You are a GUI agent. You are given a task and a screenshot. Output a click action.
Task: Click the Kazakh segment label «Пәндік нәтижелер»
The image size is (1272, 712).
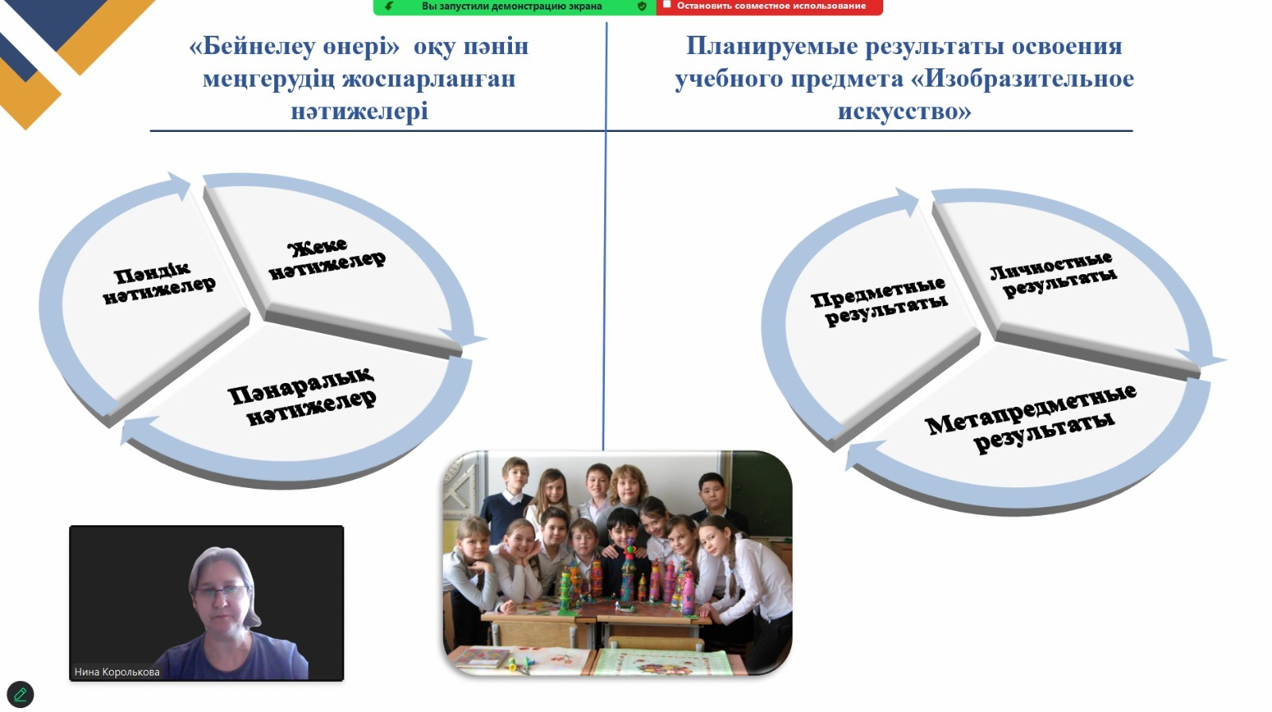click(x=159, y=283)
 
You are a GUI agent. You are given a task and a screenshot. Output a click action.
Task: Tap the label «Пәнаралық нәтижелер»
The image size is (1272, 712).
click(x=302, y=397)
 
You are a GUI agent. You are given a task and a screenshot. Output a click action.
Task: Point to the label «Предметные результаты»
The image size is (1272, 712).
click(x=879, y=301)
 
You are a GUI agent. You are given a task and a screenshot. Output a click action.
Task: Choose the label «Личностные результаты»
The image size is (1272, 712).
click(x=1053, y=275)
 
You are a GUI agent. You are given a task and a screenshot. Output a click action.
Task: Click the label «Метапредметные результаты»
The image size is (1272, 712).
click(x=1031, y=418)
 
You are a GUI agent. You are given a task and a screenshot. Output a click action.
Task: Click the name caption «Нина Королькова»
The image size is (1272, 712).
click(x=117, y=671)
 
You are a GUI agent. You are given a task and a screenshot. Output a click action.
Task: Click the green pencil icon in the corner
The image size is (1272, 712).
click(x=21, y=694)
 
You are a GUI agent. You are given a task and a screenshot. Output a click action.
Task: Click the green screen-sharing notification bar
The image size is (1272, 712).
click(x=514, y=7)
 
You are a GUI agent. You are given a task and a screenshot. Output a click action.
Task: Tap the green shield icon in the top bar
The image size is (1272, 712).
click(x=642, y=6)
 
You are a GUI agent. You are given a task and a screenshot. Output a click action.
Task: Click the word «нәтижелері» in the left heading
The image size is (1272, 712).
click(x=359, y=111)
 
